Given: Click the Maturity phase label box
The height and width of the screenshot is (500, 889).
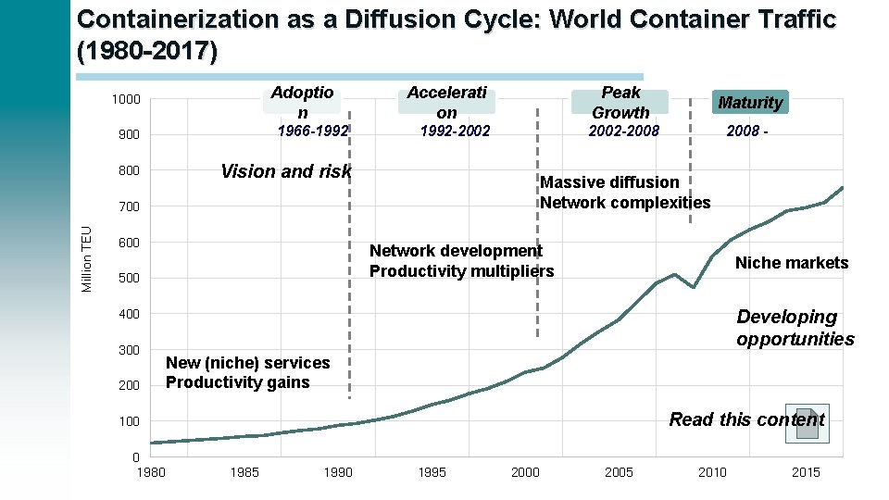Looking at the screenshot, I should click(x=750, y=102).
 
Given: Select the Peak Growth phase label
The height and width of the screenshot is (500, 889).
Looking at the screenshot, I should click(x=620, y=102).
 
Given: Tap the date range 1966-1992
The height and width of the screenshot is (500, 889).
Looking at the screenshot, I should click(x=313, y=131).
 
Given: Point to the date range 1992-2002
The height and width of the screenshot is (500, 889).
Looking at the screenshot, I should click(x=455, y=131).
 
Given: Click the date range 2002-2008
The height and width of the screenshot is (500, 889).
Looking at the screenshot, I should click(x=624, y=131).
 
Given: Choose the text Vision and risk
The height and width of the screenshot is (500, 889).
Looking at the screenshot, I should click(x=286, y=171).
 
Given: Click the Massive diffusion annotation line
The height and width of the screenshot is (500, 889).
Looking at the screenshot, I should click(x=609, y=182).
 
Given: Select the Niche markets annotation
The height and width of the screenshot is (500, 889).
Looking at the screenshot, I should click(x=791, y=263).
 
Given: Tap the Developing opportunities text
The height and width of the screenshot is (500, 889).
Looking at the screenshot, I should click(x=795, y=328).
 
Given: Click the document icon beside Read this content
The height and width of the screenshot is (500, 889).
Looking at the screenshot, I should click(x=806, y=421).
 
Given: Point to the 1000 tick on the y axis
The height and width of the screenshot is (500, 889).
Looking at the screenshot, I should click(x=125, y=100).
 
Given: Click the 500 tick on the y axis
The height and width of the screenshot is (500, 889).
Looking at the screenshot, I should click(x=129, y=279).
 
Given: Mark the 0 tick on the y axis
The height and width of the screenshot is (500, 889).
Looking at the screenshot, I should click(x=135, y=457).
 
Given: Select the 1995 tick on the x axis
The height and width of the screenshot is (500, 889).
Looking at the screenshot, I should click(x=432, y=473).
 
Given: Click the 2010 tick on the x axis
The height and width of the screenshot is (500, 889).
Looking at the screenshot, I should click(x=712, y=473).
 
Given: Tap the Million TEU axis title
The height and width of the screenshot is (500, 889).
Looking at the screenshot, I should click(x=87, y=259).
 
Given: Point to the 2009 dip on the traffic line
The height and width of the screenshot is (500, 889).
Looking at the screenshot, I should click(x=694, y=287).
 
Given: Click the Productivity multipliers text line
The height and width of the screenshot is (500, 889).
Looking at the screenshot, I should click(x=461, y=271).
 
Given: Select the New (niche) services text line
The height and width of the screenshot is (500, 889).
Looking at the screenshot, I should click(x=247, y=363).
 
